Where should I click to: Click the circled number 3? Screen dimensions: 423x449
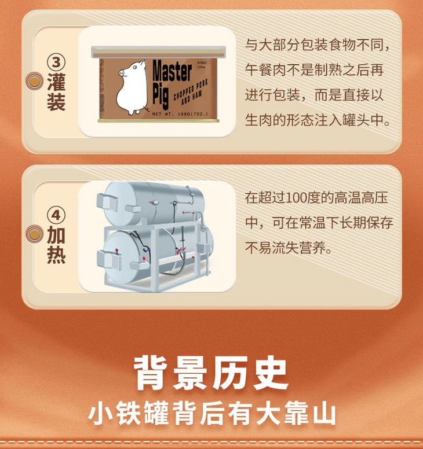(x=56, y=62)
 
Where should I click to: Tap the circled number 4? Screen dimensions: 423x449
(x=56, y=215)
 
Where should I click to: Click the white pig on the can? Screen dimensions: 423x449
(x=132, y=87)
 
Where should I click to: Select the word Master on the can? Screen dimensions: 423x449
(x=172, y=71)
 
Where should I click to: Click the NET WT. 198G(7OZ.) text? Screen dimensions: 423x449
(x=180, y=114)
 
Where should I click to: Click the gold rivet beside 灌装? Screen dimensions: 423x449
(x=34, y=81)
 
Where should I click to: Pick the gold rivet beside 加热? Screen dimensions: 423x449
(x=34, y=234)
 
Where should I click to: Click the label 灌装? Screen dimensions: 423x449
(x=56, y=91)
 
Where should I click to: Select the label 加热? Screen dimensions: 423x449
(x=56, y=245)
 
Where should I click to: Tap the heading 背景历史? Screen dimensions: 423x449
(x=211, y=373)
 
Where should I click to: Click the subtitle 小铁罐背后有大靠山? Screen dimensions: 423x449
(x=211, y=413)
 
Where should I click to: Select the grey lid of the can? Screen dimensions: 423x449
(x=158, y=52)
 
